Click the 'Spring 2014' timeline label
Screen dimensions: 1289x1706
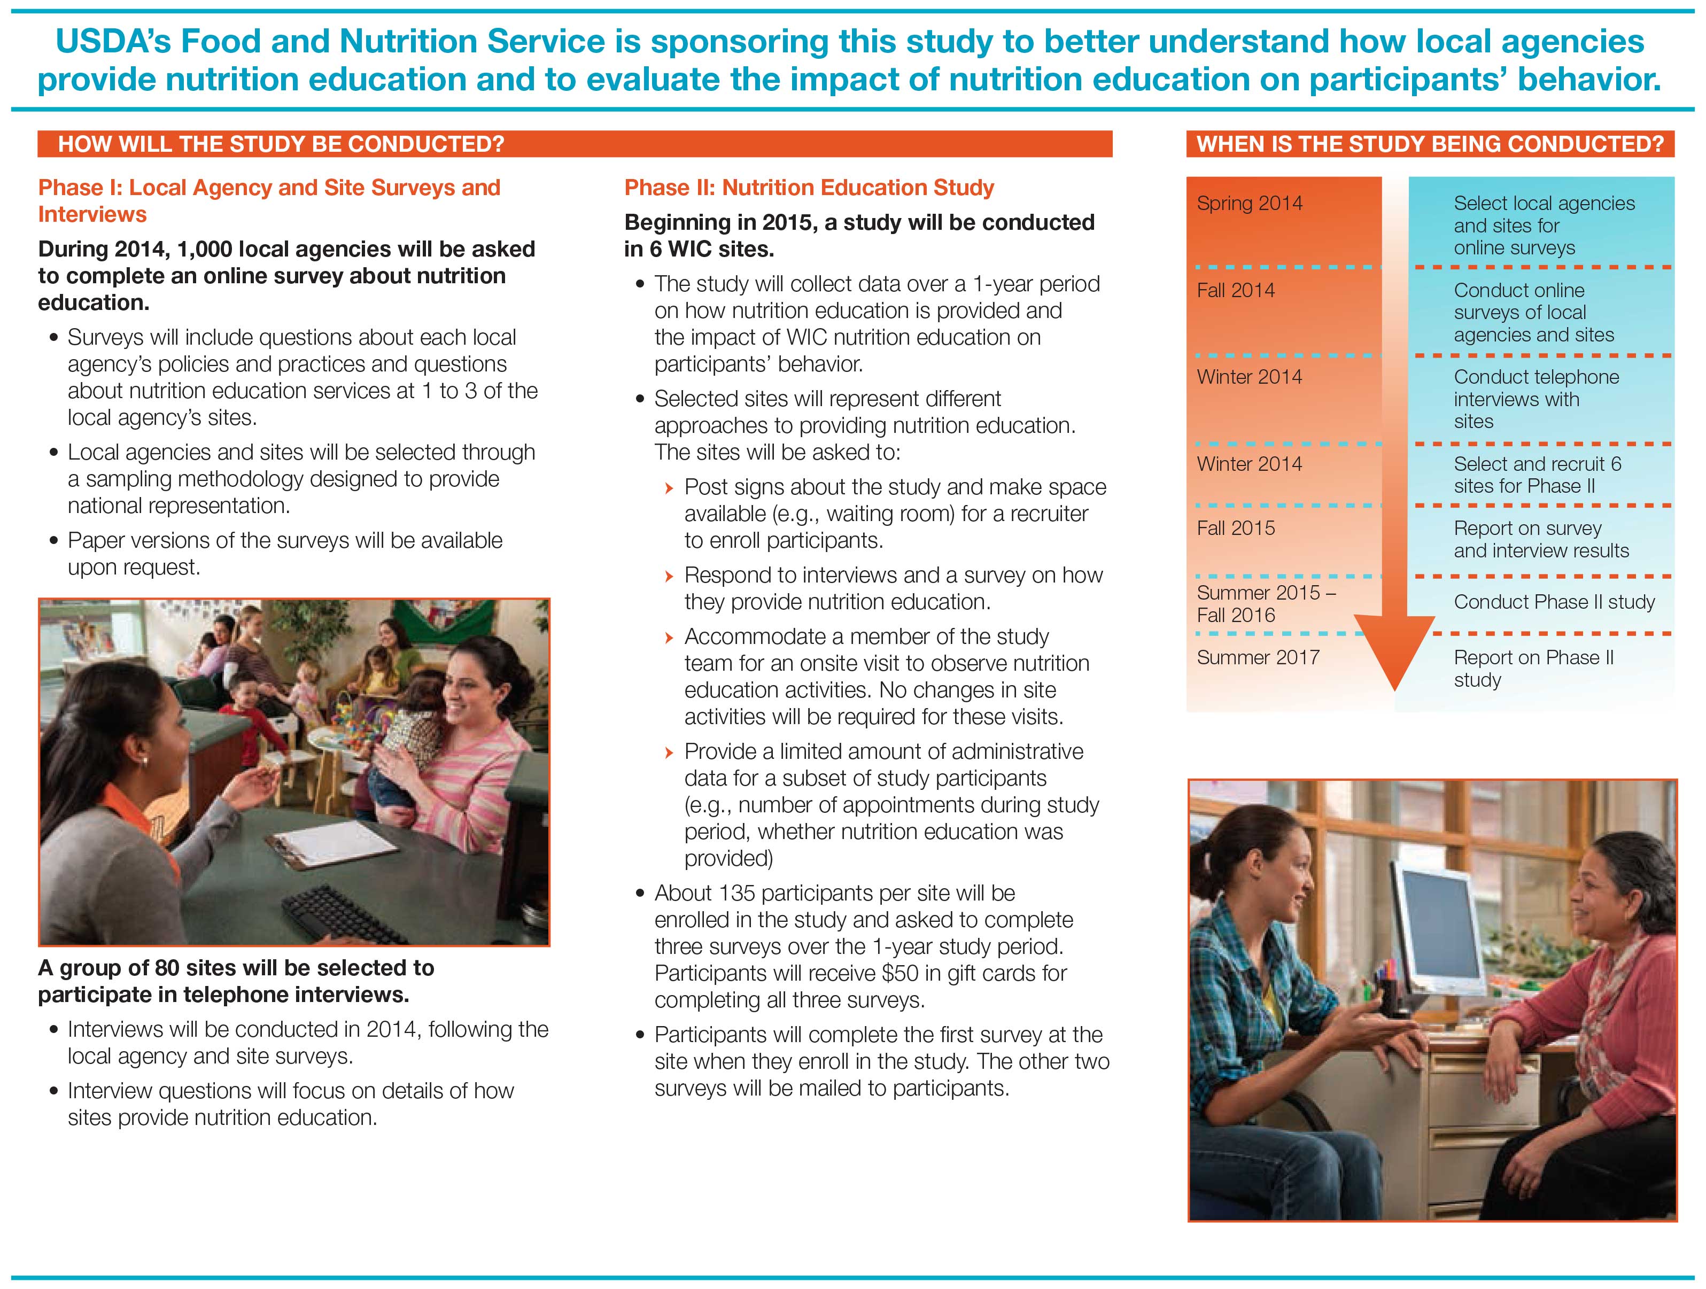click(x=1250, y=204)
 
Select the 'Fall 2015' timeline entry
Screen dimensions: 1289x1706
click(x=1236, y=529)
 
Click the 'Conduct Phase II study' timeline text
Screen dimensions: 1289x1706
click(x=1554, y=602)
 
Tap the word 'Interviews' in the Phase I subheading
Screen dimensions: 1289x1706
click(x=92, y=214)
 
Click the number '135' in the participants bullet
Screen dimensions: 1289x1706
click(x=736, y=894)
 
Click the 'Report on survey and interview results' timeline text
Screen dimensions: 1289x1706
click(x=1541, y=540)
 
